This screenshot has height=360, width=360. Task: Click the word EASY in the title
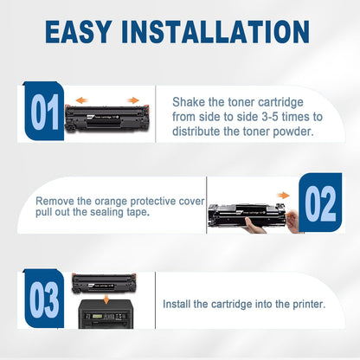(x=79, y=32)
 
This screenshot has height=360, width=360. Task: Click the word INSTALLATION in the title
(x=215, y=32)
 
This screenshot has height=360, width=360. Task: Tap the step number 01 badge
(x=44, y=111)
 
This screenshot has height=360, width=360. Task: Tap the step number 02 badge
(x=320, y=202)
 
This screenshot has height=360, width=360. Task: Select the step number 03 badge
(x=44, y=299)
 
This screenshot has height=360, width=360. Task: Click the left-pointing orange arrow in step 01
(x=82, y=100)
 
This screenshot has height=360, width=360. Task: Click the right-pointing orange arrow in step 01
(x=133, y=100)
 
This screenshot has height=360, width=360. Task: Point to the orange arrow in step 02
(x=283, y=196)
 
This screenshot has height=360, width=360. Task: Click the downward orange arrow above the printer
(x=106, y=299)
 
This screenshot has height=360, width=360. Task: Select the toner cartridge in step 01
(x=107, y=119)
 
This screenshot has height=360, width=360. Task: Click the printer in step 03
(x=106, y=314)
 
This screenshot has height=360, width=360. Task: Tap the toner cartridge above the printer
(x=104, y=284)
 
